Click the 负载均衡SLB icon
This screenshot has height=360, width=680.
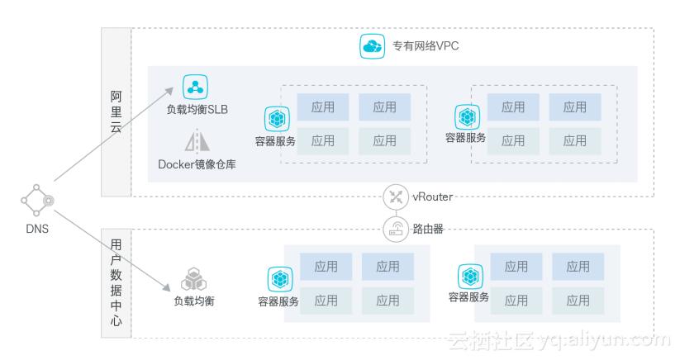[x=196, y=87]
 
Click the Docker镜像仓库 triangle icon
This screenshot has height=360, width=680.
[x=197, y=141]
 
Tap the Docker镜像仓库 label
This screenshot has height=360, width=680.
[x=197, y=163]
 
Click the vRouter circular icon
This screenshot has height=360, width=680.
[x=396, y=197]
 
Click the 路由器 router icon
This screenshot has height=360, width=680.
[x=396, y=229]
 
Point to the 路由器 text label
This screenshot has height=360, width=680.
[x=428, y=229]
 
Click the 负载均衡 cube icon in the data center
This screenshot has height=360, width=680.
[x=193, y=278]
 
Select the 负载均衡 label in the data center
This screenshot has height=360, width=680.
[x=193, y=301]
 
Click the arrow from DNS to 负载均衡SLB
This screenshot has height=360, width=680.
[x=116, y=134]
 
